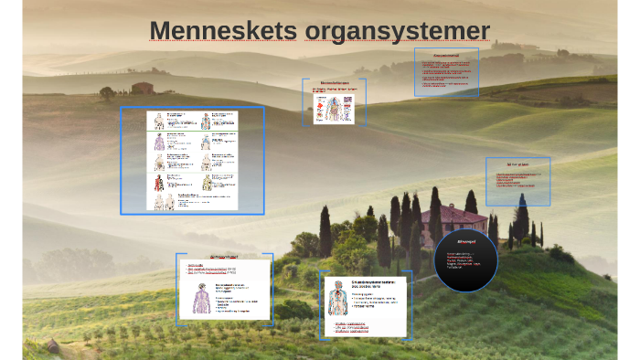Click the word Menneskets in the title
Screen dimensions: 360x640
(223, 30)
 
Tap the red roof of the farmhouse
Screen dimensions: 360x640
(452, 212)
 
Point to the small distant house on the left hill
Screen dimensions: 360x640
(141, 88)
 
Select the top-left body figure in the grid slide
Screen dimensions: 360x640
(160, 121)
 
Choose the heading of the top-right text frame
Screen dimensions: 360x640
(445, 55)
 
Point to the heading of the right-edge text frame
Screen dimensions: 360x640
(517, 165)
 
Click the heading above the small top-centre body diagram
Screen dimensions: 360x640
(334, 83)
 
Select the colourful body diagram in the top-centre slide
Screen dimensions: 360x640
(335, 106)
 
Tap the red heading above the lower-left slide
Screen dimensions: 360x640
(224, 257)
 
